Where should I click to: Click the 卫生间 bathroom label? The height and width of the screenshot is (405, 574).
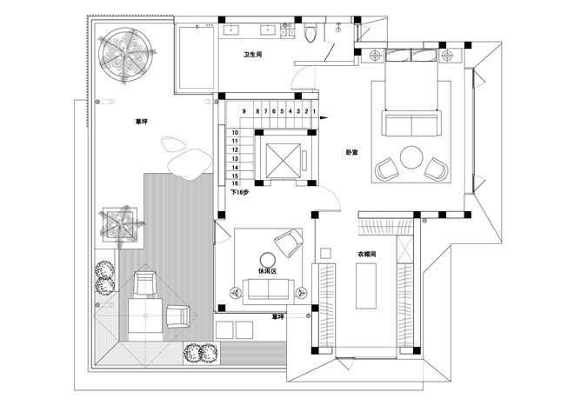pos(252,55)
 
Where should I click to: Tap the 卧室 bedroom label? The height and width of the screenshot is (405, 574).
pos(351,152)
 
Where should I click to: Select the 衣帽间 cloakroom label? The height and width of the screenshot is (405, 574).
pos(367,254)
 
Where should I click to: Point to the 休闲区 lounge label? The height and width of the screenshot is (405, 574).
pos(267,271)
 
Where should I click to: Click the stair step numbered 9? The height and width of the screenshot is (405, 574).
pos(244,111)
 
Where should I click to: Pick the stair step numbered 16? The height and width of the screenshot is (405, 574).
pos(235,183)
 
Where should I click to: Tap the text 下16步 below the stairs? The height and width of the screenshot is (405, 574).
pos(239,192)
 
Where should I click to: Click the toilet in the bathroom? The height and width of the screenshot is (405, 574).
pos(310,32)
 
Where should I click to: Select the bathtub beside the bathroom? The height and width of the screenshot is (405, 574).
pos(196,56)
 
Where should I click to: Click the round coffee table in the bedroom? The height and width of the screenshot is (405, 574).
pos(412,157)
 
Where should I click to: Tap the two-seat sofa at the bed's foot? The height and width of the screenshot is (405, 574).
pos(411,123)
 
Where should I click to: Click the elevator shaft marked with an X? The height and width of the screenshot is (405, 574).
pos(283,161)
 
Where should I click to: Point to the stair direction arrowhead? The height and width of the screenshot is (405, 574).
pos(324,118)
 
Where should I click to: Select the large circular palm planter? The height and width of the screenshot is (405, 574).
pos(125,55)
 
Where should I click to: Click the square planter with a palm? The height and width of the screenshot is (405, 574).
pos(120,225)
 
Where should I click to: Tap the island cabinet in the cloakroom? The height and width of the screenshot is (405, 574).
pos(366,286)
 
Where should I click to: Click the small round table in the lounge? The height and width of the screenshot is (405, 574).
pos(269,260)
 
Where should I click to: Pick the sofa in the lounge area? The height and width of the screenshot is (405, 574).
pos(269,291)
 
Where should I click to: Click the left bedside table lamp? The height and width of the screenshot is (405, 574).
pos(374,56)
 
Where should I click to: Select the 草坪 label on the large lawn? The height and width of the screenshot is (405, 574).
pos(141,122)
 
